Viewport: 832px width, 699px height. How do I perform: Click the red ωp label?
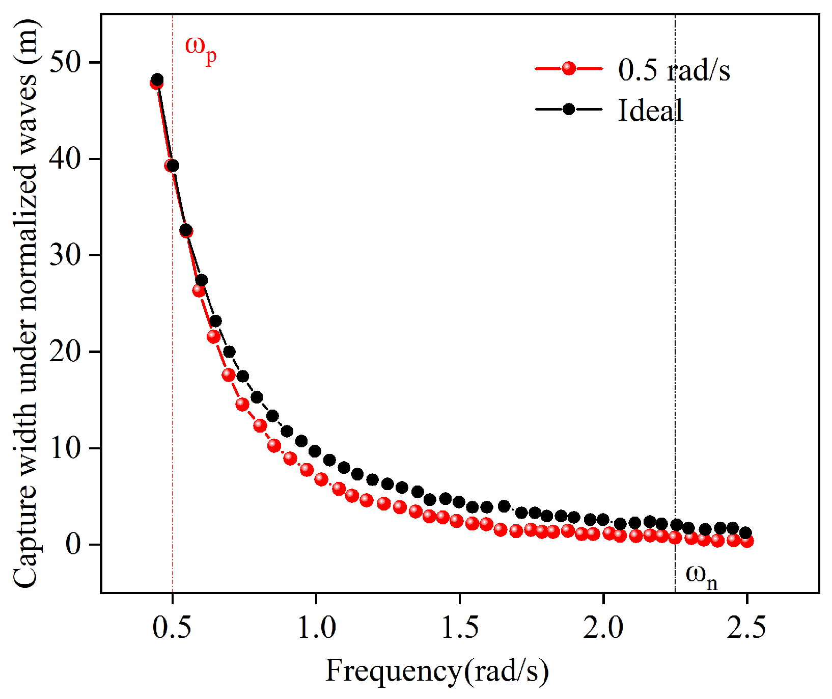201,49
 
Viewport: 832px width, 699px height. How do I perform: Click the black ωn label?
702,576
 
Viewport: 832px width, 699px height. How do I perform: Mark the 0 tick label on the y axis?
74,545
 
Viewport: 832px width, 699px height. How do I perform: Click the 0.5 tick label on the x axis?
173,628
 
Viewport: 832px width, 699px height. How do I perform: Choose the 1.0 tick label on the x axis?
316,628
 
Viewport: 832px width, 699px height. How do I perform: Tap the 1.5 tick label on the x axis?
460,628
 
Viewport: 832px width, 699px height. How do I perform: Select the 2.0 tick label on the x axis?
603,628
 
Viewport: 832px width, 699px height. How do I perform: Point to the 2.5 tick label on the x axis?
746,628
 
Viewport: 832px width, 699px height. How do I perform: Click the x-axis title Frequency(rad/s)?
437,670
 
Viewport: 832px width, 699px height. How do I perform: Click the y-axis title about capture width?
25,304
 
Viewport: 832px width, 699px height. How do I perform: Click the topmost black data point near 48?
157,79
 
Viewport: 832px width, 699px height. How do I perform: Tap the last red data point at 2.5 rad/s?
747,541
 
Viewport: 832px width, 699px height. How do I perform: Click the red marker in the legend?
569,68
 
